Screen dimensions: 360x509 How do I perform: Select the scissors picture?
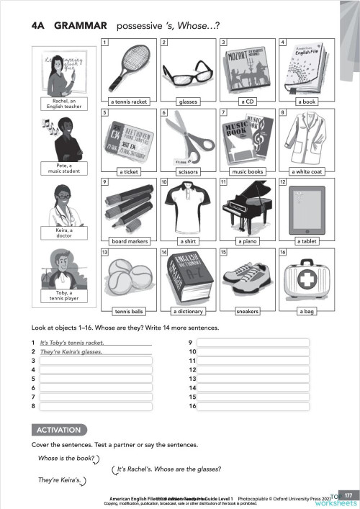click(189, 137)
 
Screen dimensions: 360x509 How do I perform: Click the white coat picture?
click(307, 137)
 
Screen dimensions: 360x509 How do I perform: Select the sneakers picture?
click(248, 281)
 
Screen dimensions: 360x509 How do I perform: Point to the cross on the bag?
click(306, 277)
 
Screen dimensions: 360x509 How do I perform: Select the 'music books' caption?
click(248, 172)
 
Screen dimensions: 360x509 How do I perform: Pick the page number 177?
click(348, 495)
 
